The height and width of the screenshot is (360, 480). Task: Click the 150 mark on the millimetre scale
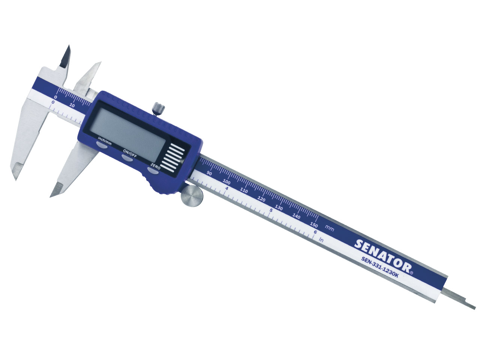[314, 225]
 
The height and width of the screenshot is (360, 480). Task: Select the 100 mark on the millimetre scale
[226, 182]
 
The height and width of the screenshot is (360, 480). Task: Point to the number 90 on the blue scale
[209, 173]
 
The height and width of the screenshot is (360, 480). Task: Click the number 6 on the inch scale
[314, 232]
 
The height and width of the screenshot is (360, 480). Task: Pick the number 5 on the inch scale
[270, 210]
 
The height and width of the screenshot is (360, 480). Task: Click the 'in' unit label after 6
[321, 239]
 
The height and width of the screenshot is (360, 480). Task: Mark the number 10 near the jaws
[72, 106]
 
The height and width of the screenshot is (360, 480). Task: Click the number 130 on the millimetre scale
[279, 207]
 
